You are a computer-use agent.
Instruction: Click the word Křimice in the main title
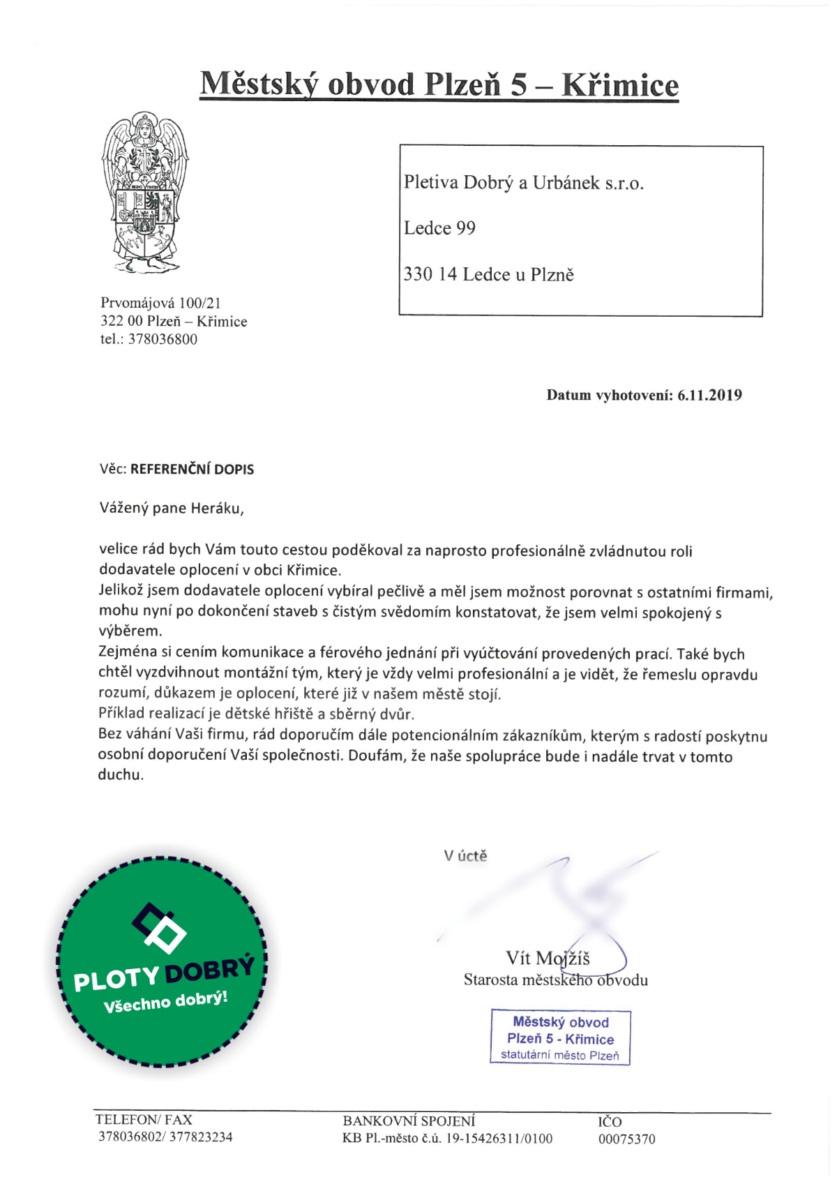pyautogui.click(x=619, y=85)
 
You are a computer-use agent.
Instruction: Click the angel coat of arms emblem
pyautogui.click(x=145, y=192)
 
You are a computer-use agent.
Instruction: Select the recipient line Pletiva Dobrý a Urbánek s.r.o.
pyautogui.click(x=523, y=183)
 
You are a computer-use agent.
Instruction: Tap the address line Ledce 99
pyautogui.click(x=439, y=228)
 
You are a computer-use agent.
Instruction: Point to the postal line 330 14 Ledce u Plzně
pyautogui.click(x=488, y=274)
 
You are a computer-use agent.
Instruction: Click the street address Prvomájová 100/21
pyautogui.click(x=160, y=303)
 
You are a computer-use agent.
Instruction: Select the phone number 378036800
pyautogui.click(x=163, y=339)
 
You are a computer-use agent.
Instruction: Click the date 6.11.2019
pyautogui.click(x=709, y=395)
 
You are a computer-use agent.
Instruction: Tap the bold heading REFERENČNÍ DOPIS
pyautogui.click(x=192, y=470)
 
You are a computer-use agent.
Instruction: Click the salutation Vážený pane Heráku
pyautogui.click(x=172, y=508)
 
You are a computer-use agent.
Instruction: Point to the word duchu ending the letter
pyautogui.click(x=120, y=774)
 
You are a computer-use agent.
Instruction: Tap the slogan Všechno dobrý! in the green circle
pyautogui.click(x=165, y=1001)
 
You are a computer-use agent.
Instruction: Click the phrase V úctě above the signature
pyautogui.click(x=465, y=855)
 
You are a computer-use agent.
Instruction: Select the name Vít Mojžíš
pyautogui.click(x=548, y=958)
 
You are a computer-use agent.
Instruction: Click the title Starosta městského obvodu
pyautogui.click(x=555, y=980)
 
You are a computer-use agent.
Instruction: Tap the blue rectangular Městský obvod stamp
pyautogui.click(x=560, y=1037)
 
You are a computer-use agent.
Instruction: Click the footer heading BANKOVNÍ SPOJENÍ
pyautogui.click(x=409, y=1121)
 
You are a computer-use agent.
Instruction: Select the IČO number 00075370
pyautogui.click(x=626, y=1139)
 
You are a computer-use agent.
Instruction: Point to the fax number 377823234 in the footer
pyautogui.click(x=201, y=1137)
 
